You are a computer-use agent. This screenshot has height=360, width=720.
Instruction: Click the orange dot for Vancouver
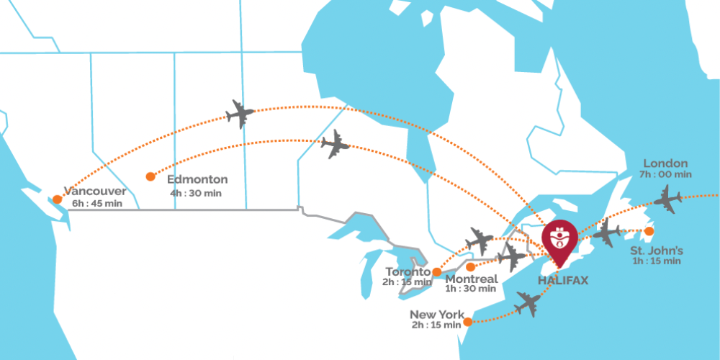[57, 199]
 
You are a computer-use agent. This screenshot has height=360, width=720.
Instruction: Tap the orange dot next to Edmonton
[150, 176]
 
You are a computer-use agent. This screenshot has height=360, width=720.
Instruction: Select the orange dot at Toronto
[436, 272]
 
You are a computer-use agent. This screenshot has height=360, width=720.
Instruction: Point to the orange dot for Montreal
[471, 267]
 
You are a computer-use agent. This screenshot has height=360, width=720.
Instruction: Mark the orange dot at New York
[469, 322]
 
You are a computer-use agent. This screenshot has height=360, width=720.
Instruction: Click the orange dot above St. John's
[649, 231]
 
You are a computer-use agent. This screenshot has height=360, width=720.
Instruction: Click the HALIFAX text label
[564, 280]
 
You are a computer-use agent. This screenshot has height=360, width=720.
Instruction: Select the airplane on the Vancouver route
[240, 113]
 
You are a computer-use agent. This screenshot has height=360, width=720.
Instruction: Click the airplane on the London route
[668, 199]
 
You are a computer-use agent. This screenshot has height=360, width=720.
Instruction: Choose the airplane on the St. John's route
[606, 232]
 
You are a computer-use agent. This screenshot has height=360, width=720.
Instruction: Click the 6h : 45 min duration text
[96, 204]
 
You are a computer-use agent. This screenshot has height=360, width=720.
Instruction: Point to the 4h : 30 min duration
[196, 193]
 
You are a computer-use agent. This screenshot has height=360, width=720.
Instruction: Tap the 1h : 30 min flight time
[471, 289]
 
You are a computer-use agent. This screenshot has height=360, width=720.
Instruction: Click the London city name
[665, 163]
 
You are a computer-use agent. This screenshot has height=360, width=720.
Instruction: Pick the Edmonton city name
[197, 179]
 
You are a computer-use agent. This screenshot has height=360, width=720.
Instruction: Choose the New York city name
[436, 314]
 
